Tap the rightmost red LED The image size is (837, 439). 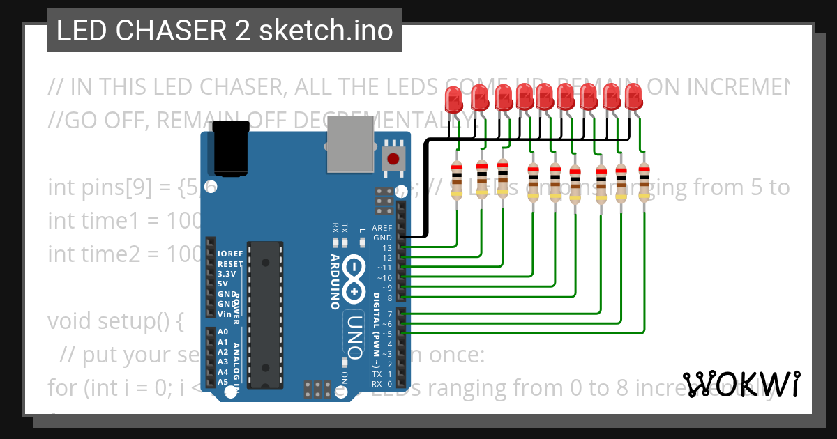633,95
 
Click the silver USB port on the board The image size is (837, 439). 351,144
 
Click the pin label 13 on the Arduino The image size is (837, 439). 387,248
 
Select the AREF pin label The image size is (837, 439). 382,228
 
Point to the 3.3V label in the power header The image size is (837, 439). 227,274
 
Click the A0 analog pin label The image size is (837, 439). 223,332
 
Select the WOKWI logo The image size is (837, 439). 741,383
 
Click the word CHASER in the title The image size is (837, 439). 176,31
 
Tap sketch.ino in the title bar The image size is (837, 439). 326,31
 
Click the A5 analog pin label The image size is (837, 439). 223,382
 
